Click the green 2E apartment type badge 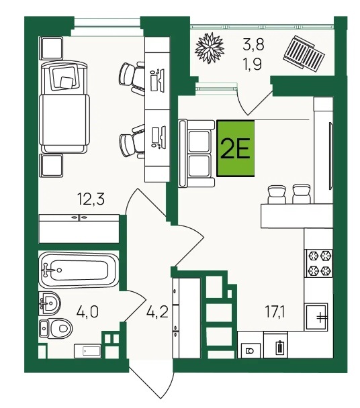pyautogui.click(x=236, y=148)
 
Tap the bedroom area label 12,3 pyautogui.click(x=91, y=199)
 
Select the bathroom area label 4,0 pyautogui.click(x=87, y=312)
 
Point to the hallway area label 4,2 pyautogui.click(x=157, y=312)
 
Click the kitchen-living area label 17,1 pyautogui.click(x=275, y=312)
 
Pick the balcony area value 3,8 pyautogui.click(x=253, y=45)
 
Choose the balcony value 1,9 pyautogui.click(x=252, y=64)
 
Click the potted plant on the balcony pyautogui.click(x=210, y=48)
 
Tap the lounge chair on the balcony pyautogui.click(x=304, y=52)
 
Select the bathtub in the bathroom pyautogui.click(x=78, y=270)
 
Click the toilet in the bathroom pyautogui.click(x=56, y=329)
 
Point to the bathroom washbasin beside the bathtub pyautogui.click(x=50, y=303)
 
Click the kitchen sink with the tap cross pyautogui.click(x=317, y=317)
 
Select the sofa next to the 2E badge pyautogui.click(x=196, y=153)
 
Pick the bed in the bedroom pyautogui.click(x=64, y=107)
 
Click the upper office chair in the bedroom pyautogui.click(x=132, y=79)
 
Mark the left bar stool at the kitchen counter pyautogui.click(x=277, y=194)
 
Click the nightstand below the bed pyautogui.click(x=51, y=166)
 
